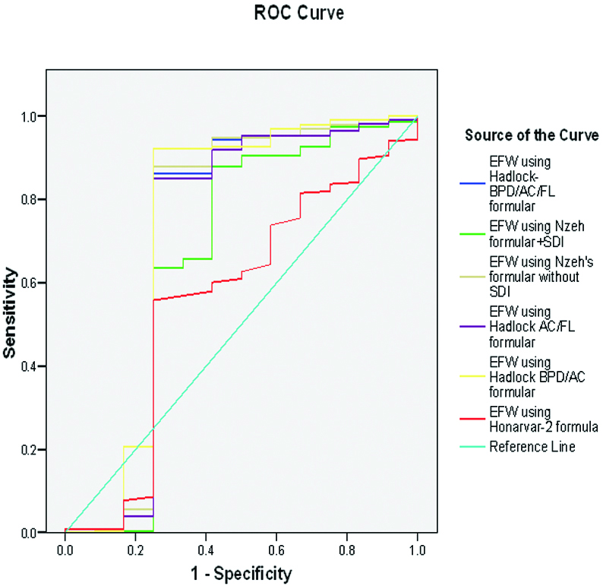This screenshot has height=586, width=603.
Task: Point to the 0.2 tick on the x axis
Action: (x=135, y=546)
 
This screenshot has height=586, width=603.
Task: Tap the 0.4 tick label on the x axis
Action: (x=206, y=546)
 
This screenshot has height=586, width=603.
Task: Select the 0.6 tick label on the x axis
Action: (x=276, y=546)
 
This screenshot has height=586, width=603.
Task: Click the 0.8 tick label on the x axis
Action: (x=346, y=546)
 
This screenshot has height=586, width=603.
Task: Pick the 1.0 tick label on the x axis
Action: (x=417, y=546)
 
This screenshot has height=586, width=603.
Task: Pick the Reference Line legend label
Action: (x=532, y=446)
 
